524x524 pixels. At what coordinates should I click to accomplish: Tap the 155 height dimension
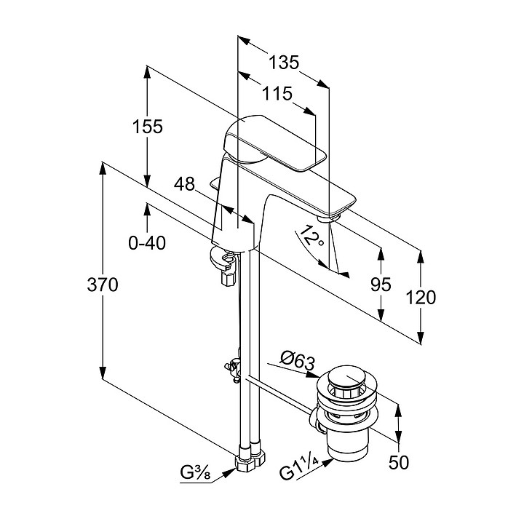tap(147, 126)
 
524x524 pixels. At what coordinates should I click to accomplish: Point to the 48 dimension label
tap(185, 184)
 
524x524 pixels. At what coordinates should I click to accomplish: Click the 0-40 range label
tap(147, 243)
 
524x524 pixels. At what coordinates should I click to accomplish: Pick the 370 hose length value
tap(103, 285)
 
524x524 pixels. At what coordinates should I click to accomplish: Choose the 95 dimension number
tap(381, 285)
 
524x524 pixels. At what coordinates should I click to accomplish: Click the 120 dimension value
tap(421, 297)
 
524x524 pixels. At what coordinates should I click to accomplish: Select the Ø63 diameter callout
tap(297, 358)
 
